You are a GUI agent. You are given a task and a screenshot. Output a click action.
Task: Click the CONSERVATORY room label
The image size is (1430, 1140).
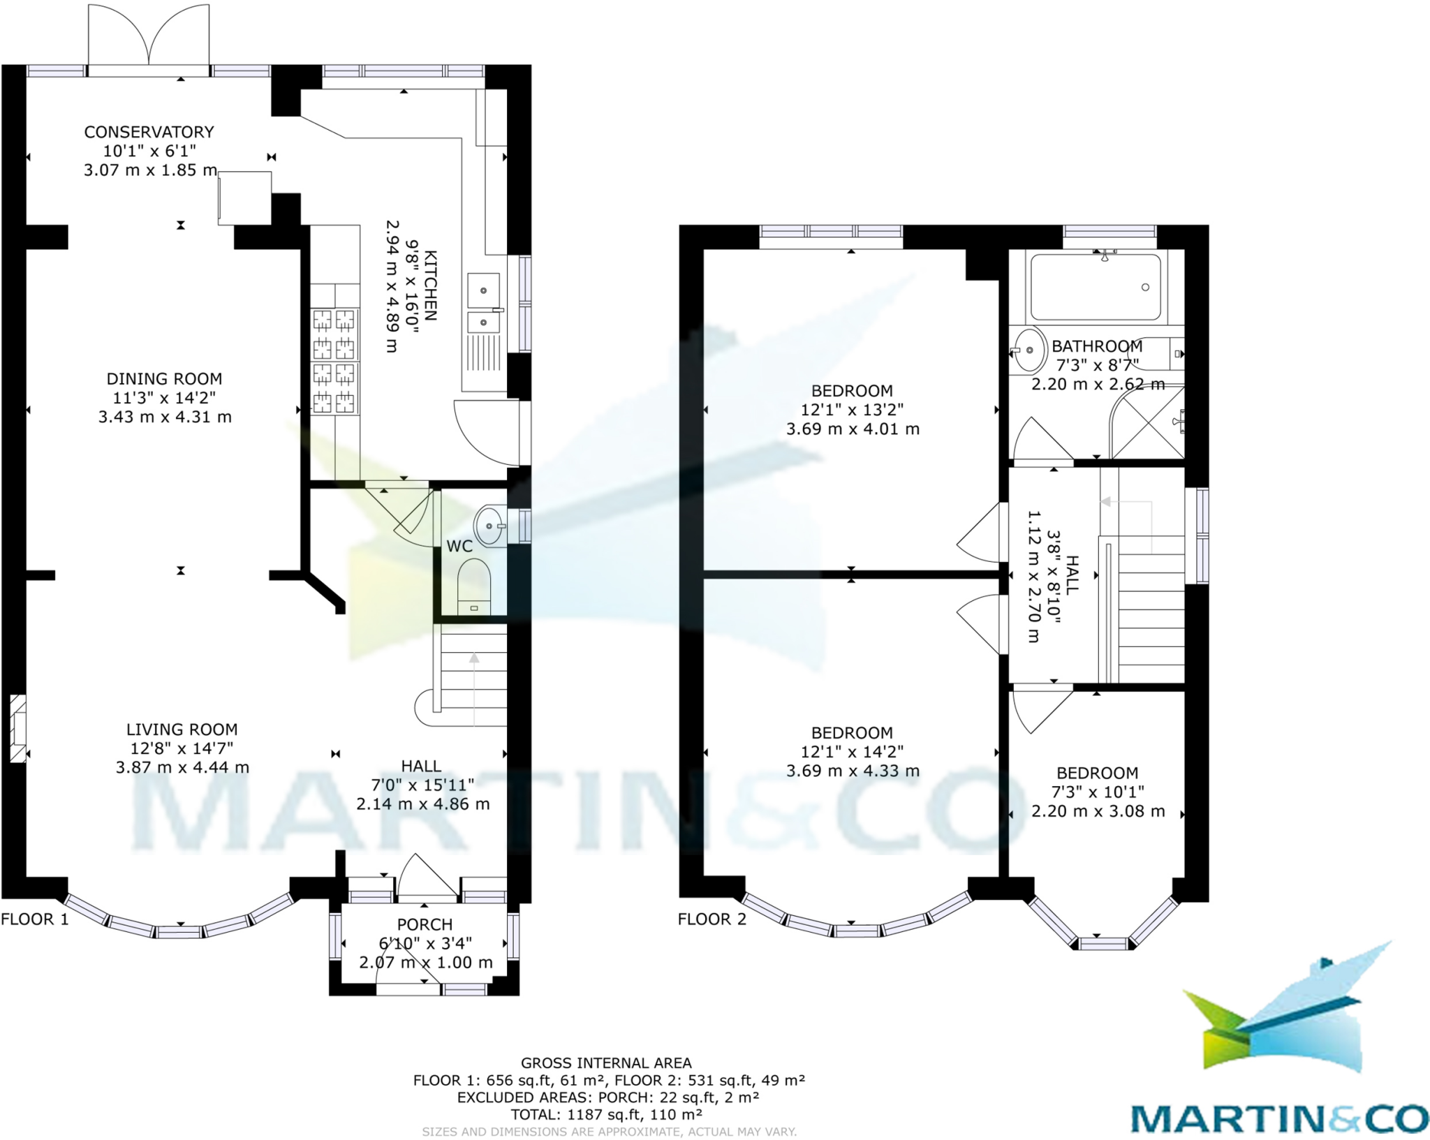click(149, 132)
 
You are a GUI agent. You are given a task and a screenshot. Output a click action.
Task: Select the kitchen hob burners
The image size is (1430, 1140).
click(334, 361)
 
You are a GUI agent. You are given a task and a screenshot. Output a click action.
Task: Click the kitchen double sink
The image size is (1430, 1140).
click(483, 304)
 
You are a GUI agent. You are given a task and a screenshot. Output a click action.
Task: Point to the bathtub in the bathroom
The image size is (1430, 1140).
click(1096, 287)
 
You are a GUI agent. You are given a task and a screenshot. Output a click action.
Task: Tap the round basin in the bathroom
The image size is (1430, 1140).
click(1029, 350)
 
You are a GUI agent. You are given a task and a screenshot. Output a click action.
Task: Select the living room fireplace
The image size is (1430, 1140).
click(17, 728)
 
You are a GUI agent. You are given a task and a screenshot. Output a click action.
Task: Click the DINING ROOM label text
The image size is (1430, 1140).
click(164, 379)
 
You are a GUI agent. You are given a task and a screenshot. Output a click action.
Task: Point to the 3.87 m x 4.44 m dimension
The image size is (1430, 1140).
click(182, 767)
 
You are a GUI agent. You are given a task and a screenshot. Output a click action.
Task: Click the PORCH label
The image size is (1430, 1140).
click(425, 924)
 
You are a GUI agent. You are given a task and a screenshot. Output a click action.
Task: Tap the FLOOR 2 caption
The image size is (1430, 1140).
click(712, 919)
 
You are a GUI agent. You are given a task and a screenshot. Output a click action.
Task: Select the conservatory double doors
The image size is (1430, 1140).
click(149, 38)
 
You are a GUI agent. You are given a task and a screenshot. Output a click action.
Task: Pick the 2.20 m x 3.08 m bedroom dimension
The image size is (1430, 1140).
click(1098, 811)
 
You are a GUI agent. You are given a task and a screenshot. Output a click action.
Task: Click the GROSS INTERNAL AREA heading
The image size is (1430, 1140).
click(606, 1063)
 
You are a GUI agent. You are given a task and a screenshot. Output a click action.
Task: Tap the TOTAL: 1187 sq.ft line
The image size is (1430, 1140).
click(606, 1115)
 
